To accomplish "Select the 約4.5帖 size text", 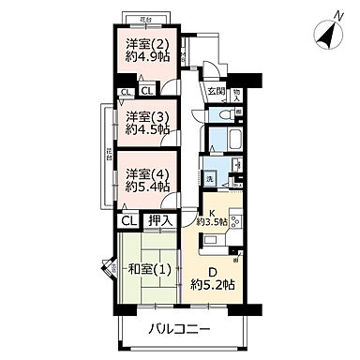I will tap(149, 130).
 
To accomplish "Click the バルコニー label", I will tap(178, 330).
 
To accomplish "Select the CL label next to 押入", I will tap(127, 221).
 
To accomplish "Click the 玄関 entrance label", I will tap(217, 92).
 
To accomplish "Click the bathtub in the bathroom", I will tap(220, 143).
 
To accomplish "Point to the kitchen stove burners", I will tap(233, 225).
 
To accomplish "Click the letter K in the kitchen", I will tap(212, 212).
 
